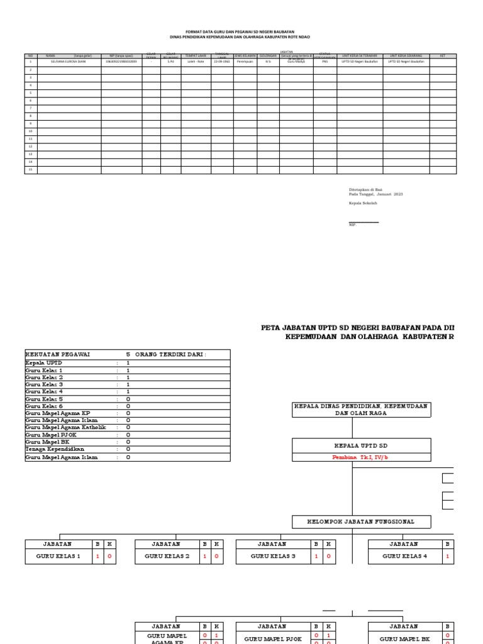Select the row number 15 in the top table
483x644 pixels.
pyautogui.click(x=30, y=170)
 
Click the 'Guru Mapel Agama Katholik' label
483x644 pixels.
pyautogui.click(x=65, y=427)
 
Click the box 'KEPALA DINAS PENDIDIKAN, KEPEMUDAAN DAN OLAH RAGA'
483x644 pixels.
pyautogui.click(x=361, y=410)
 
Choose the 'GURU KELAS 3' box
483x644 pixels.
pyautogui.click(x=272, y=557)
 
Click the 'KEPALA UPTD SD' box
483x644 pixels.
pyautogui.click(x=361, y=445)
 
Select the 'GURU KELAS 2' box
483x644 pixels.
pyautogui.click(x=167, y=557)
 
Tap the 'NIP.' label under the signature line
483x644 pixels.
pyautogui.click(x=352, y=225)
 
